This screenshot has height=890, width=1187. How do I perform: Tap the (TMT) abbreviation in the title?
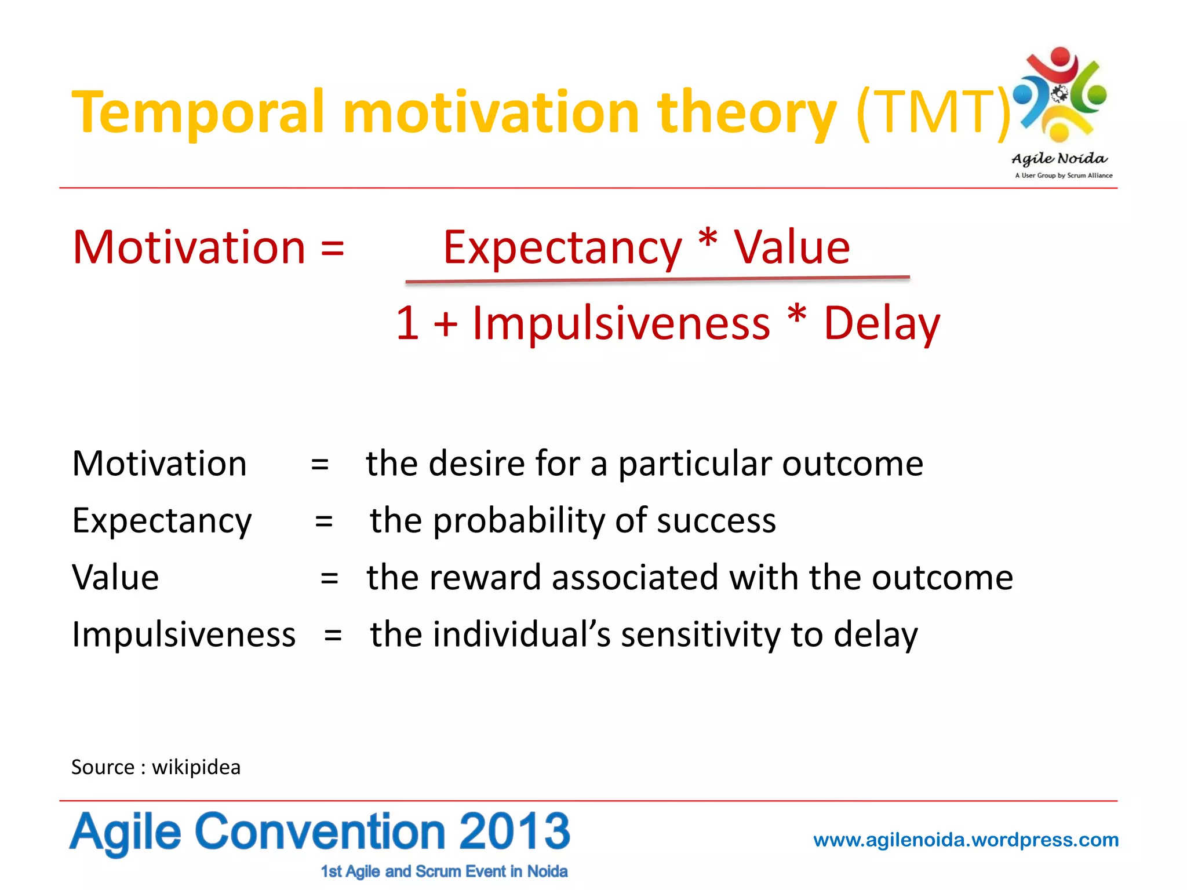[x=933, y=112]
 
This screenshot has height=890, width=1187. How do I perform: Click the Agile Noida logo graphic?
[x=1061, y=96]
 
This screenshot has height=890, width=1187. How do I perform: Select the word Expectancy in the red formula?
[x=562, y=248]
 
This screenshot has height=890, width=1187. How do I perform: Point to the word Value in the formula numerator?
[x=792, y=248]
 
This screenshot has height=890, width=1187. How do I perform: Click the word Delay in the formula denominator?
[x=882, y=323]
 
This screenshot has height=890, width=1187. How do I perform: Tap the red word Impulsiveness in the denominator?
[x=621, y=323]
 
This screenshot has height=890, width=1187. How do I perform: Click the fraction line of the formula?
[x=657, y=280]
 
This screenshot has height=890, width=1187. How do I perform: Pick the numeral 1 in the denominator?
[x=408, y=323]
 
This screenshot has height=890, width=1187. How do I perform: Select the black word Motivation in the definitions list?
[x=159, y=464]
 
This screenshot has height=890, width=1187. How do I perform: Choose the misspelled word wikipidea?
[x=196, y=767]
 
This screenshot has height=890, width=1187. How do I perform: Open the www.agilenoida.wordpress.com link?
[x=966, y=840]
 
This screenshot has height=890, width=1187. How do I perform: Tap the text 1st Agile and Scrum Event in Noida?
[x=444, y=871]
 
